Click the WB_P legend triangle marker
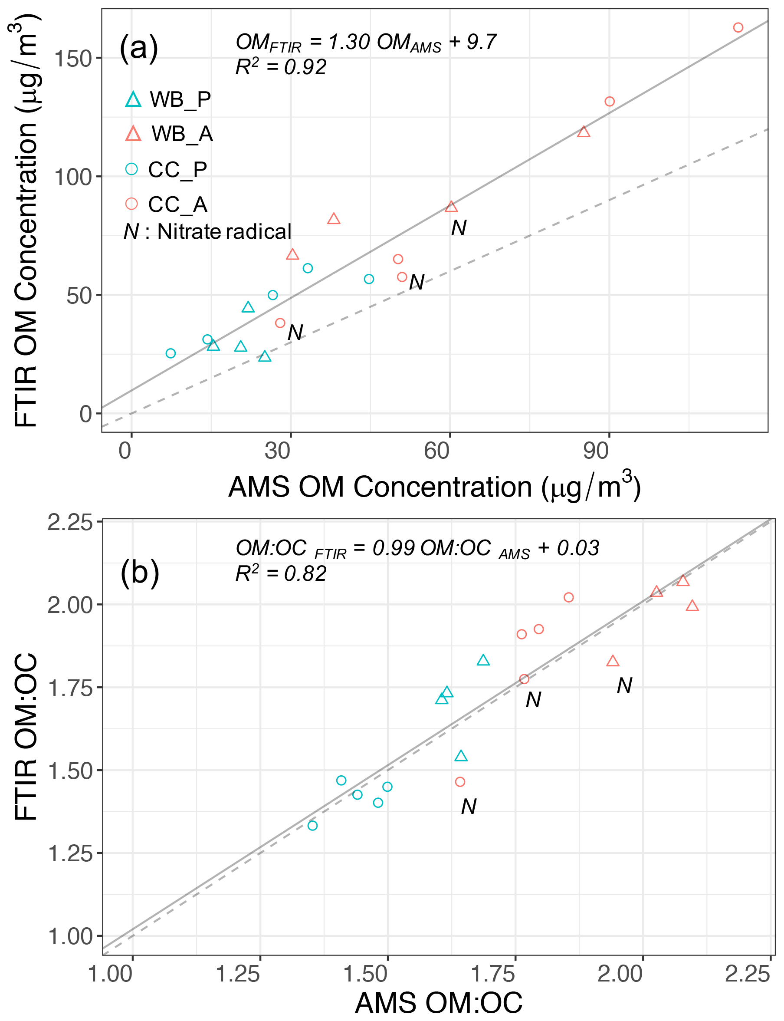point(133,99)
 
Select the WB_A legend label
point(182,134)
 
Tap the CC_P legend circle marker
point(131,168)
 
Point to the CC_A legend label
point(177,204)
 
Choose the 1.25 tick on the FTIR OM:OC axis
point(70,853)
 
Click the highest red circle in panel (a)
point(738,27)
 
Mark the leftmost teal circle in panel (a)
point(171,353)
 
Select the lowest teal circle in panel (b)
point(313,825)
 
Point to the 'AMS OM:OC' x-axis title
point(438,1002)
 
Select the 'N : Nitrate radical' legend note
point(207,231)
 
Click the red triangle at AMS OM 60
point(451,206)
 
